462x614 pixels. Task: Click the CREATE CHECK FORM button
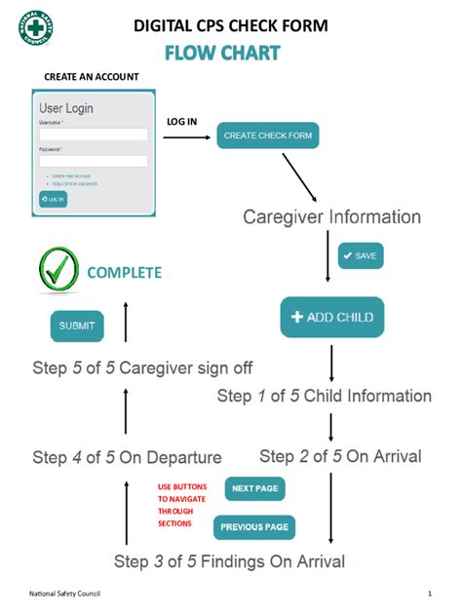click(268, 135)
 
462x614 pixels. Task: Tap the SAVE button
click(360, 255)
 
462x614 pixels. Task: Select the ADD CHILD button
click(332, 317)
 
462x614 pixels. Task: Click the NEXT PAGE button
click(256, 488)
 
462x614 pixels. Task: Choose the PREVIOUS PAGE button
click(253, 527)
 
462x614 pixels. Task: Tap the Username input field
click(93, 134)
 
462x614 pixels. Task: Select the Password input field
click(93, 161)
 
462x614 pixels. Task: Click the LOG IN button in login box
click(53, 199)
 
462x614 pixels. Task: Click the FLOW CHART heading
click(221, 53)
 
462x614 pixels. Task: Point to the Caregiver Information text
click(331, 216)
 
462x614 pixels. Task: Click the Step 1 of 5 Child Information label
click(324, 396)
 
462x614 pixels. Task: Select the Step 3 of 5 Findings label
click(229, 561)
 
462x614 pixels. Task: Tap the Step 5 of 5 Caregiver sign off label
click(144, 368)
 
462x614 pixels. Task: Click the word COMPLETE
click(124, 273)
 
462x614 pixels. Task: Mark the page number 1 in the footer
click(429, 594)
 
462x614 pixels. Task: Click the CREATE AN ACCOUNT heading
click(92, 77)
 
